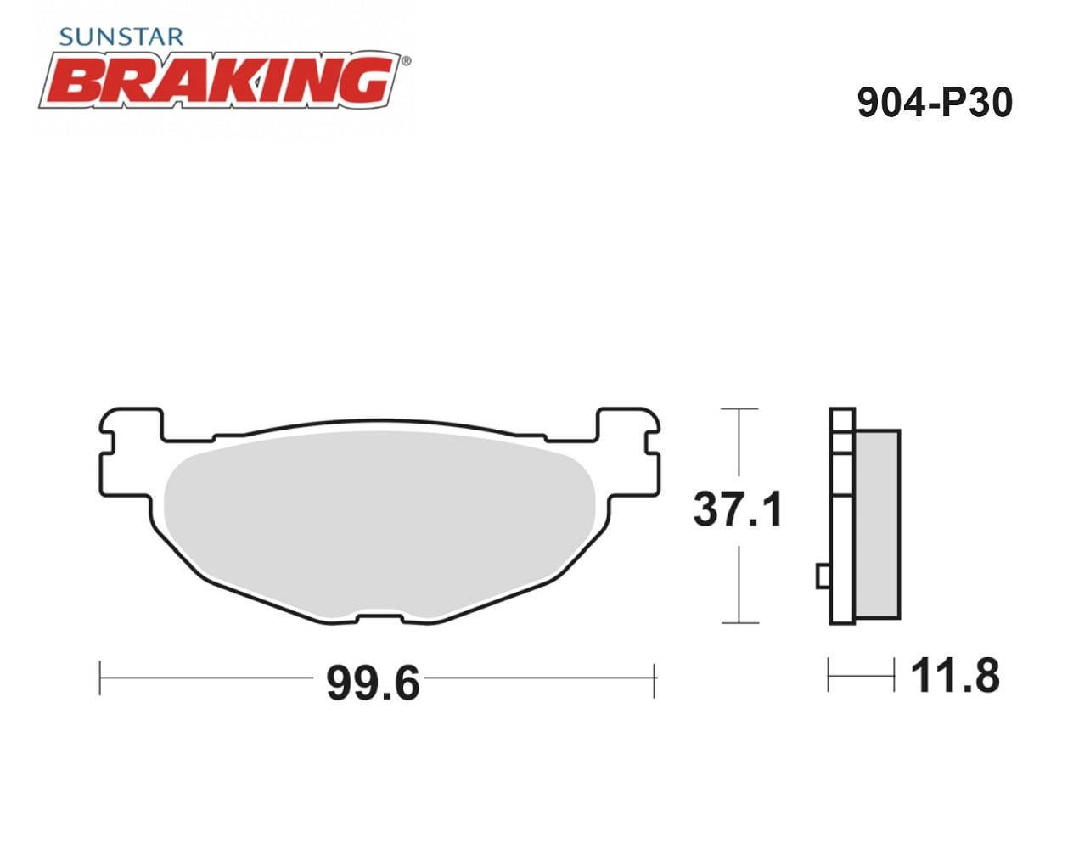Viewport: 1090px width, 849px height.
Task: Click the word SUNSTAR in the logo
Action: tap(121, 37)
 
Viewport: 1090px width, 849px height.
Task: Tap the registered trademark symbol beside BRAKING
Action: tap(406, 61)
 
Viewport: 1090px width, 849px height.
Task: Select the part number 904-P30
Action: tap(935, 102)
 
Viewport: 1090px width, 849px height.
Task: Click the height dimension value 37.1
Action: tap(738, 509)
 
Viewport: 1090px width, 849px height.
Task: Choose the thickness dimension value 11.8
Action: tap(955, 677)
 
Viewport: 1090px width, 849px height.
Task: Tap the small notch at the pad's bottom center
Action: tap(379, 618)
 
